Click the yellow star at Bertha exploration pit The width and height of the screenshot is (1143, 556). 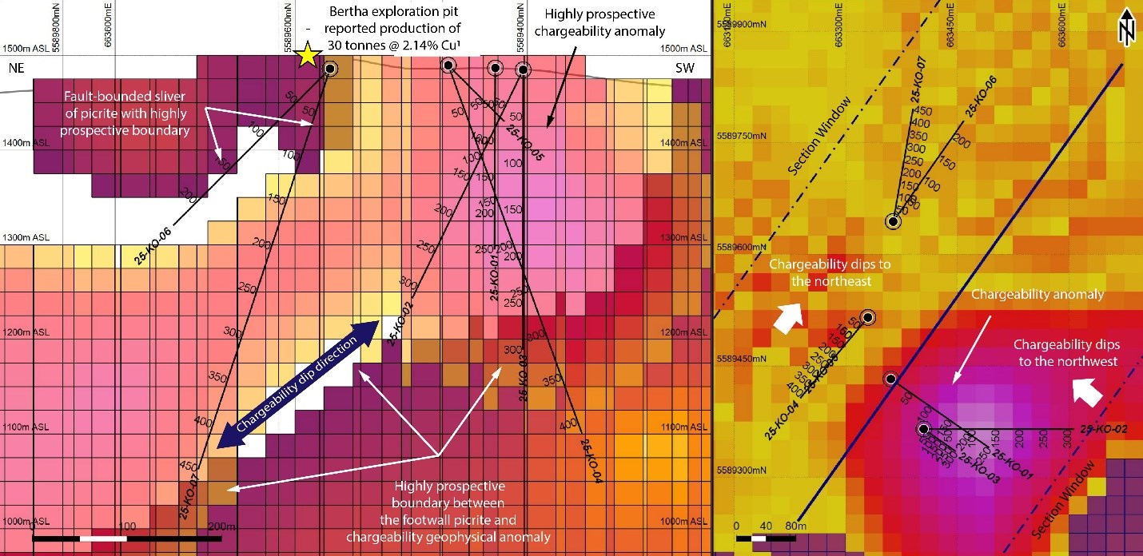(x=306, y=56)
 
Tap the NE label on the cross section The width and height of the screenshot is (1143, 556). (x=17, y=69)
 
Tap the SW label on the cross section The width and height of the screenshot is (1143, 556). (x=684, y=69)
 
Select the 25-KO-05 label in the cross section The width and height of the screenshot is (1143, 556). (x=524, y=145)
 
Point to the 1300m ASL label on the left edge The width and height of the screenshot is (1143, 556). (x=25, y=238)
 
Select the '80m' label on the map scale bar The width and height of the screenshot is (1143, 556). (x=792, y=526)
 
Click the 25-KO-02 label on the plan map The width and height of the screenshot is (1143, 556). (x=1103, y=430)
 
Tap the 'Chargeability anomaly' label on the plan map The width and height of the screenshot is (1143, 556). (x=1037, y=295)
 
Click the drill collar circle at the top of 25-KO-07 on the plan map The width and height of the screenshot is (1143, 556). (x=893, y=221)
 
